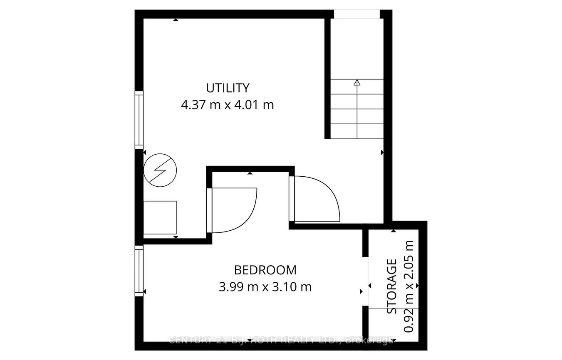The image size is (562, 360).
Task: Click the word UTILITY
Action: pyautogui.click(x=228, y=88)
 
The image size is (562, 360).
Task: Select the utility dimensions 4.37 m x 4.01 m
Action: pyautogui.click(x=228, y=104)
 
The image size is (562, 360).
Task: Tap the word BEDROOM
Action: pyautogui.click(x=265, y=270)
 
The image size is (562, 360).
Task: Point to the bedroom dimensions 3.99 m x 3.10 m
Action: pyautogui.click(x=265, y=286)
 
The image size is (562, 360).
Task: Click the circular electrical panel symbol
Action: pyautogui.click(x=160, y=169)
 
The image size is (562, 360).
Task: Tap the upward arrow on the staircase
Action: pyautogui.click(x=357, y=83)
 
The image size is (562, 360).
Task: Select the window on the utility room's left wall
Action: pyautogui.click(x=139, y=119)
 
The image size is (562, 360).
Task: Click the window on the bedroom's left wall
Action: pyautogui.click(x=139, y=271)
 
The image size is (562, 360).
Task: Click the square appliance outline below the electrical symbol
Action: pyautogui.click(x=160, y=218)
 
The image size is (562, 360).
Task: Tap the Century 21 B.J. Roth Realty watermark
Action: pyautogui.click(x=281, y=340)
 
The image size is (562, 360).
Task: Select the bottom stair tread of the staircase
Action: pyautogui.click(x=357, y=131)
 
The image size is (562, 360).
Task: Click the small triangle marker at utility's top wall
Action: pyautogui.click(x=176, y=20)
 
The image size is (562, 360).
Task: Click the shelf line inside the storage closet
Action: pyautogui.click(x=394, y=309)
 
